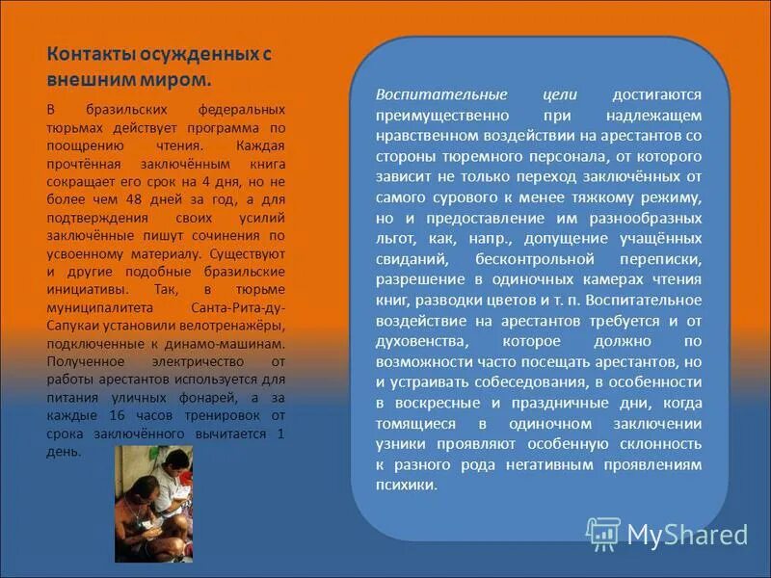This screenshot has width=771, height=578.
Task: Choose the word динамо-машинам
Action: click(x=235, y=342)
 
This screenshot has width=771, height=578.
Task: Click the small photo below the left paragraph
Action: click(x=153, y=503)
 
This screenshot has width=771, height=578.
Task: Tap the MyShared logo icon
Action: click(x=602, y=533)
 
